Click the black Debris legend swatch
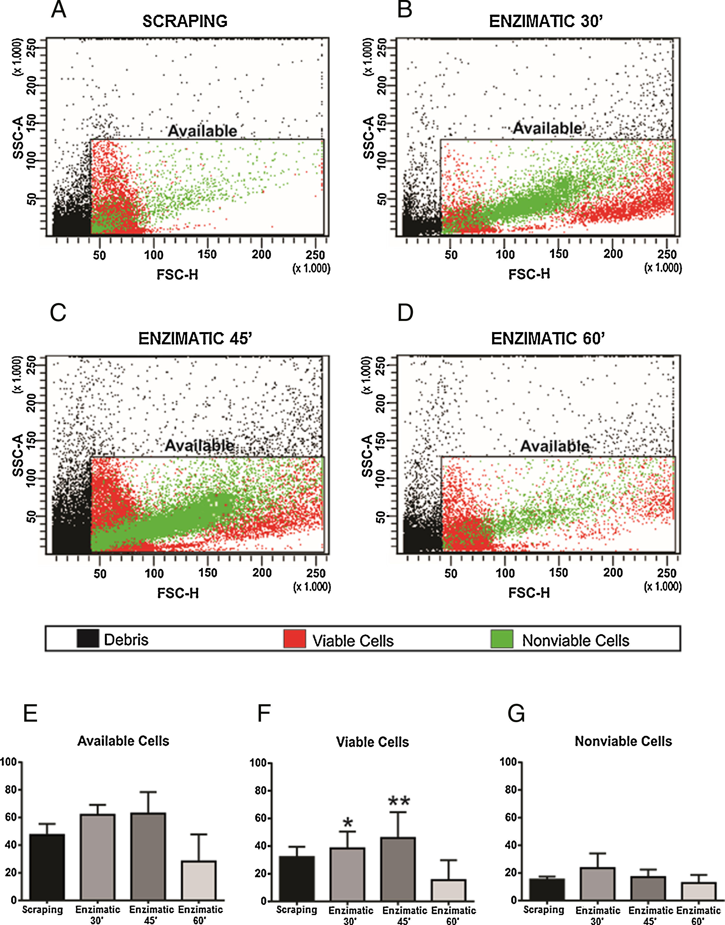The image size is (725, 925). coord(88,638)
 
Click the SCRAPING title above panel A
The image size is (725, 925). coord(185,21)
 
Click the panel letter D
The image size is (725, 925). coord(405,313)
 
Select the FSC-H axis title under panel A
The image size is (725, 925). coord(177,275)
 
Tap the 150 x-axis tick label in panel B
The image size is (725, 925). coord(559,254)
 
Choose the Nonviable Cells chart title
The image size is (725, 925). coord(623,741)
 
